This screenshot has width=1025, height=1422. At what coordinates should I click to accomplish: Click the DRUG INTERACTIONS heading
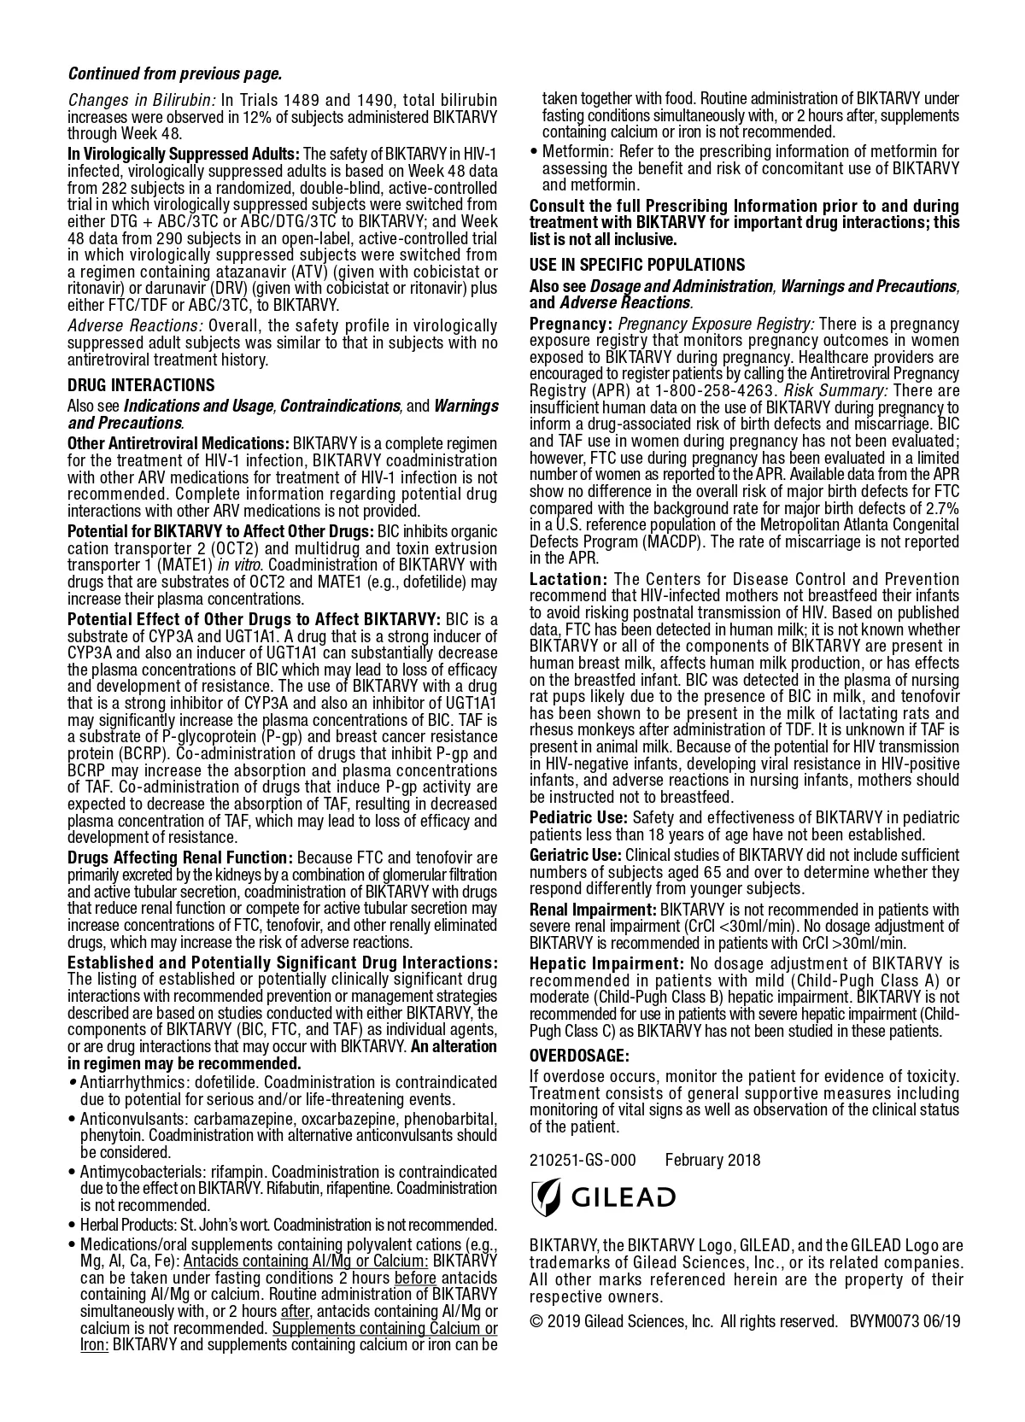click(x=141, y=385)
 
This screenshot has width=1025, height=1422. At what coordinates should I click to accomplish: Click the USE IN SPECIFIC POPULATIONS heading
click(x=637, y=265)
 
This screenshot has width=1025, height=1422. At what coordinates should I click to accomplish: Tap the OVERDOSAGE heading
click(x=579, y=1056)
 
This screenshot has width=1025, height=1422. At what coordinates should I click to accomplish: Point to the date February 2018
click(x=712, y=1160)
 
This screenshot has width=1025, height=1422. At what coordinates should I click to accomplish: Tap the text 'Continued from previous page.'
click(x=174, y=74)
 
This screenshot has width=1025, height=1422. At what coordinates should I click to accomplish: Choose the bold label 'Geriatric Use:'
click(x=576, y=855)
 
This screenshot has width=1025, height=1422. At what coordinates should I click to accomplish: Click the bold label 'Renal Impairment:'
click(x=593, y=910)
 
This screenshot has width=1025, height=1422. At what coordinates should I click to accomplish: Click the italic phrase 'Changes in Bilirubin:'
click(x=142, y=100)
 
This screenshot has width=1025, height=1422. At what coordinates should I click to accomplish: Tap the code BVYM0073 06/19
click(x=905, y=1321)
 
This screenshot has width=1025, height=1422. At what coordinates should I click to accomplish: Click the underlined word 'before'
click(x=415, y=1278)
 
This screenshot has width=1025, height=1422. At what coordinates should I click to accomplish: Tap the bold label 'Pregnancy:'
click(x=571, y=324)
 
